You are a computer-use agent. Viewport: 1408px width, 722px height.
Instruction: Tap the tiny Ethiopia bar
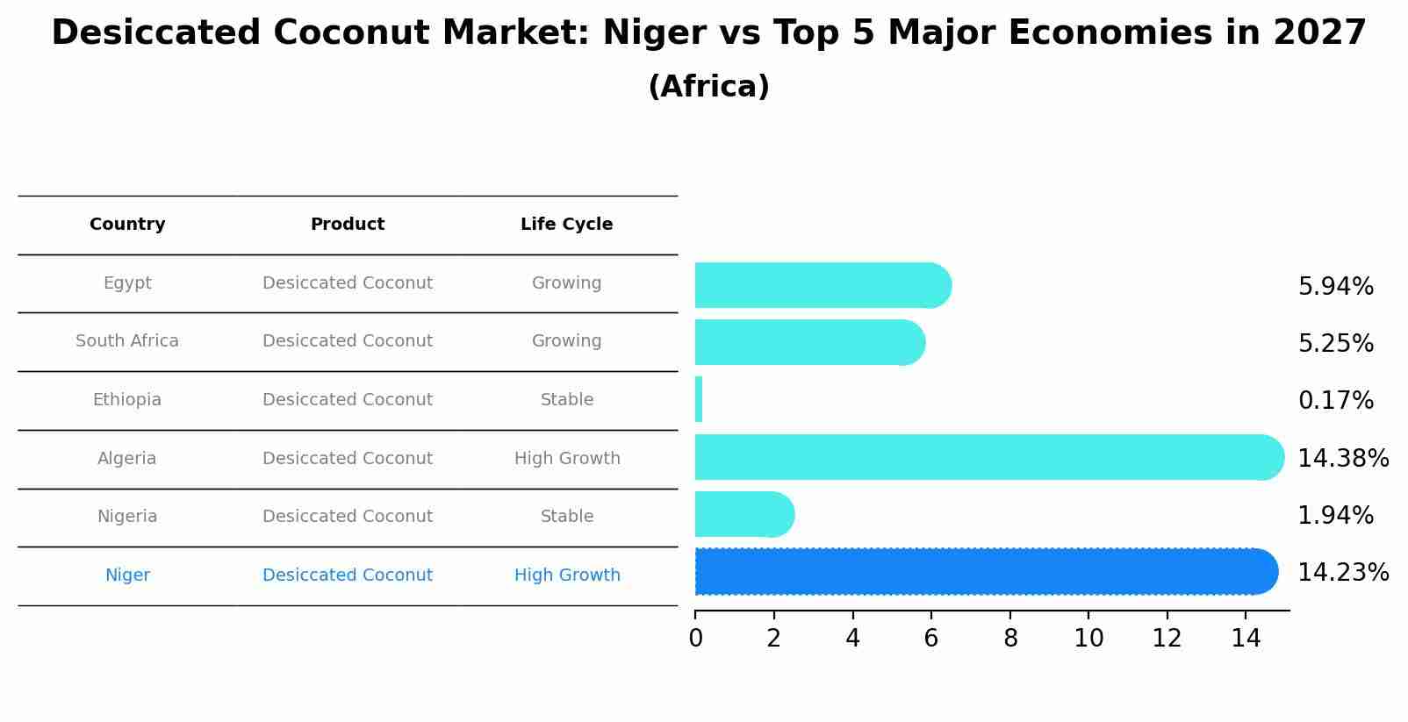[699, 400]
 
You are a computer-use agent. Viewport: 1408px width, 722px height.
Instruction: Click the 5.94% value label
[1335, 287]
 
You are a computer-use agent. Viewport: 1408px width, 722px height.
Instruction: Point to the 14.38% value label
[1342, 458]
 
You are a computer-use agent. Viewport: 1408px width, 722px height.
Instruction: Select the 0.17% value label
[1335, 401]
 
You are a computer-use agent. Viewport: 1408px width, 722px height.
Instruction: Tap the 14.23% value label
[1342, 573]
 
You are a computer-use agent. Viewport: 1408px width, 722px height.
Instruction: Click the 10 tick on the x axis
[1088, 639]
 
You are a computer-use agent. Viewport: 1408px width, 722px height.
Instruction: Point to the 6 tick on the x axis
[931, 639]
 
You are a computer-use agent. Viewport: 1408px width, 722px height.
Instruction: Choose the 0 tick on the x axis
[695, 639]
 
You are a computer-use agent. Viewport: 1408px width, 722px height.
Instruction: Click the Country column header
[127, 225]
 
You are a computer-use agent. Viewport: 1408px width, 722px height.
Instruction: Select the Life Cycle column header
[566, 225]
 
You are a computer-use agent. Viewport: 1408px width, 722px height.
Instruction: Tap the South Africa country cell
[127, 341]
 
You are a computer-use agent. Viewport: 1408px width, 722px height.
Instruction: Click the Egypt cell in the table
[127, 283]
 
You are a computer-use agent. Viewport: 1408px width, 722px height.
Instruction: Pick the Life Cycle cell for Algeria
[567, 459]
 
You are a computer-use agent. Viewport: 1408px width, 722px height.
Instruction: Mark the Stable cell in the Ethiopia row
[567, 400]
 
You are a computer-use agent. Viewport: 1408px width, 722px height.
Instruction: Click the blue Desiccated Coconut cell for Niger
[348, 575]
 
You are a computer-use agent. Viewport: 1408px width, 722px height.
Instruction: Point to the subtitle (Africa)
[708, 87]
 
